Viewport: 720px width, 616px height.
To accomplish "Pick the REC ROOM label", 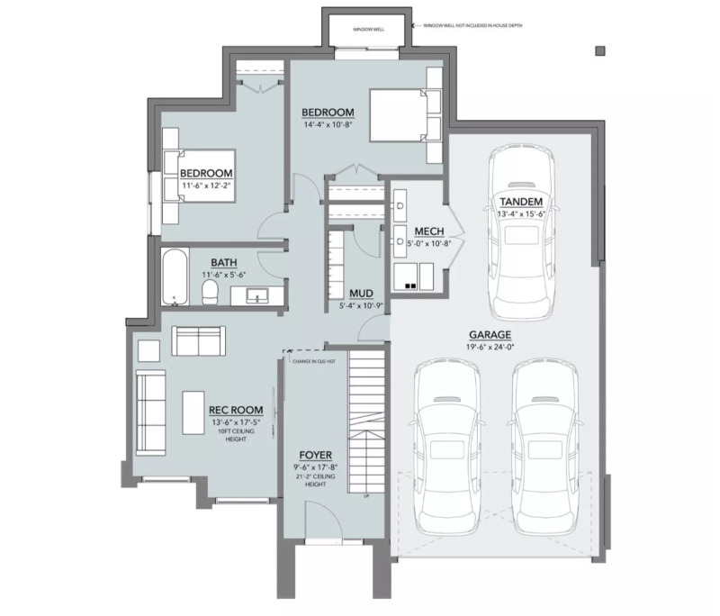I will [237, 410].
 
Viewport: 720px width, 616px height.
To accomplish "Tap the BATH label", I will [224, 263].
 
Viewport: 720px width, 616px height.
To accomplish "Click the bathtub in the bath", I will [175, 278].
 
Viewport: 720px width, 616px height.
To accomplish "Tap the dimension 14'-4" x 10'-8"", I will [328, 125].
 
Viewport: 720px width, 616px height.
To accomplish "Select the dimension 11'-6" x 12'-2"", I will [206, 186].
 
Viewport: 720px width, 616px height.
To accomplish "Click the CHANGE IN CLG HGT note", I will [310, 360].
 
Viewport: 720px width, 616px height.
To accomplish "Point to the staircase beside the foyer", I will [366, 423].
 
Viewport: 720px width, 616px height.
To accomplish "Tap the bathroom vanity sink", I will [256, 294].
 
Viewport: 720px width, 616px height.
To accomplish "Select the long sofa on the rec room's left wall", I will [150, 413].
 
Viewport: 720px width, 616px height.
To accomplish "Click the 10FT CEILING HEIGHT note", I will [237, 433].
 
